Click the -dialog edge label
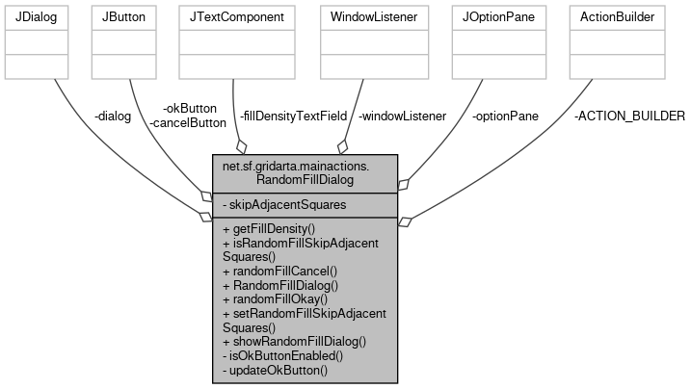point(113,117)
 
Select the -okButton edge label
point(191,108)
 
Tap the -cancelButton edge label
point(187,122)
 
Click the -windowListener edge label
point(402,117)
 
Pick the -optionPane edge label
point(505,117)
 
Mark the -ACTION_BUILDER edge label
point(628,117)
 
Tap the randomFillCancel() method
point(279,272)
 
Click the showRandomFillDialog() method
point(294,341)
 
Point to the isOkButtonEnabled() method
point(282,355)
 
